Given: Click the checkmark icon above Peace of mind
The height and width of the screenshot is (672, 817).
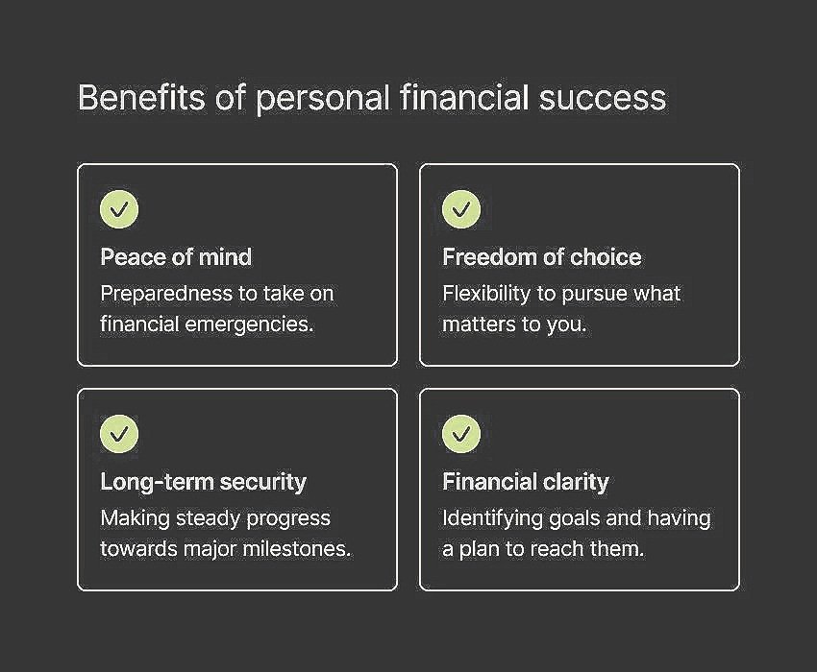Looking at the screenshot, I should point(119,209).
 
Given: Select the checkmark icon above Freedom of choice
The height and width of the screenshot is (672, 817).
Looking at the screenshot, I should point(461,209).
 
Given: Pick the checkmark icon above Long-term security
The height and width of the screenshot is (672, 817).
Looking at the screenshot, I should point(119,434).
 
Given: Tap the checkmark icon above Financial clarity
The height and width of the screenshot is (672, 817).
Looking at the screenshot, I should point(461,434).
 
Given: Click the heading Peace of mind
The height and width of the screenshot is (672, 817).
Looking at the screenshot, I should point(176,257).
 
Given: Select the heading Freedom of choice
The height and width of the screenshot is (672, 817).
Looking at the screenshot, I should point(541,257).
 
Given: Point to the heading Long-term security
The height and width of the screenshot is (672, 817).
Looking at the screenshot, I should point(203,482).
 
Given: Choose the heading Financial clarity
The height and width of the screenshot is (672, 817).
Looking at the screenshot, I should point(525,482).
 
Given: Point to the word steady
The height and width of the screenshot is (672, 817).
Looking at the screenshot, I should point(224,518).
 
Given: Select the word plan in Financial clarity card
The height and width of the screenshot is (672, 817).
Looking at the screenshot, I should point(481,549).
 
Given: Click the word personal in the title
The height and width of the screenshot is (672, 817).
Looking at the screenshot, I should point(322,98).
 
